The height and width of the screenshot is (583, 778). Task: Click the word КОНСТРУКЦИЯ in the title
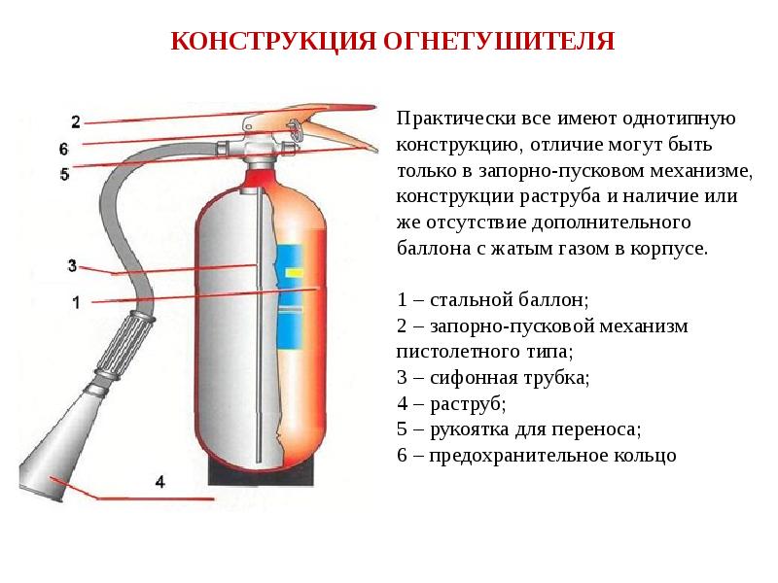tap(257, 43)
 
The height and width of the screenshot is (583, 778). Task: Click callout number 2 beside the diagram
tap(76, 120)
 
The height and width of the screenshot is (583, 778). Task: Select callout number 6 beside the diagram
tap(63, 150)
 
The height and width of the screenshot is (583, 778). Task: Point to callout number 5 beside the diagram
tap(64, 175)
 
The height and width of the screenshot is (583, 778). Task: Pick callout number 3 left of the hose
tap(73, 265)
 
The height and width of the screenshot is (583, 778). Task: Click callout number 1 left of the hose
tap(76, 302)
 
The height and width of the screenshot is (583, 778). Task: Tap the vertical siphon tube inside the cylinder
tap(260, 321)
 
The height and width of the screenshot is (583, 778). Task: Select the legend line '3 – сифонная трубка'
tap(494, 376)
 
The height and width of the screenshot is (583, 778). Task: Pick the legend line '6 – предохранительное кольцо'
tap(536, 454)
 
